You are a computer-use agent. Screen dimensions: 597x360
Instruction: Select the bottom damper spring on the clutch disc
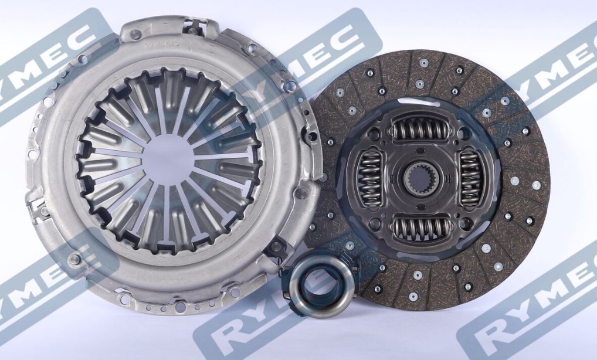[422, 227]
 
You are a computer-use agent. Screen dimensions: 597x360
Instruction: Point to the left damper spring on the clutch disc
[369, 176]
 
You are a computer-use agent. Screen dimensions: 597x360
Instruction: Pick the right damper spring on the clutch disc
[472, 177]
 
